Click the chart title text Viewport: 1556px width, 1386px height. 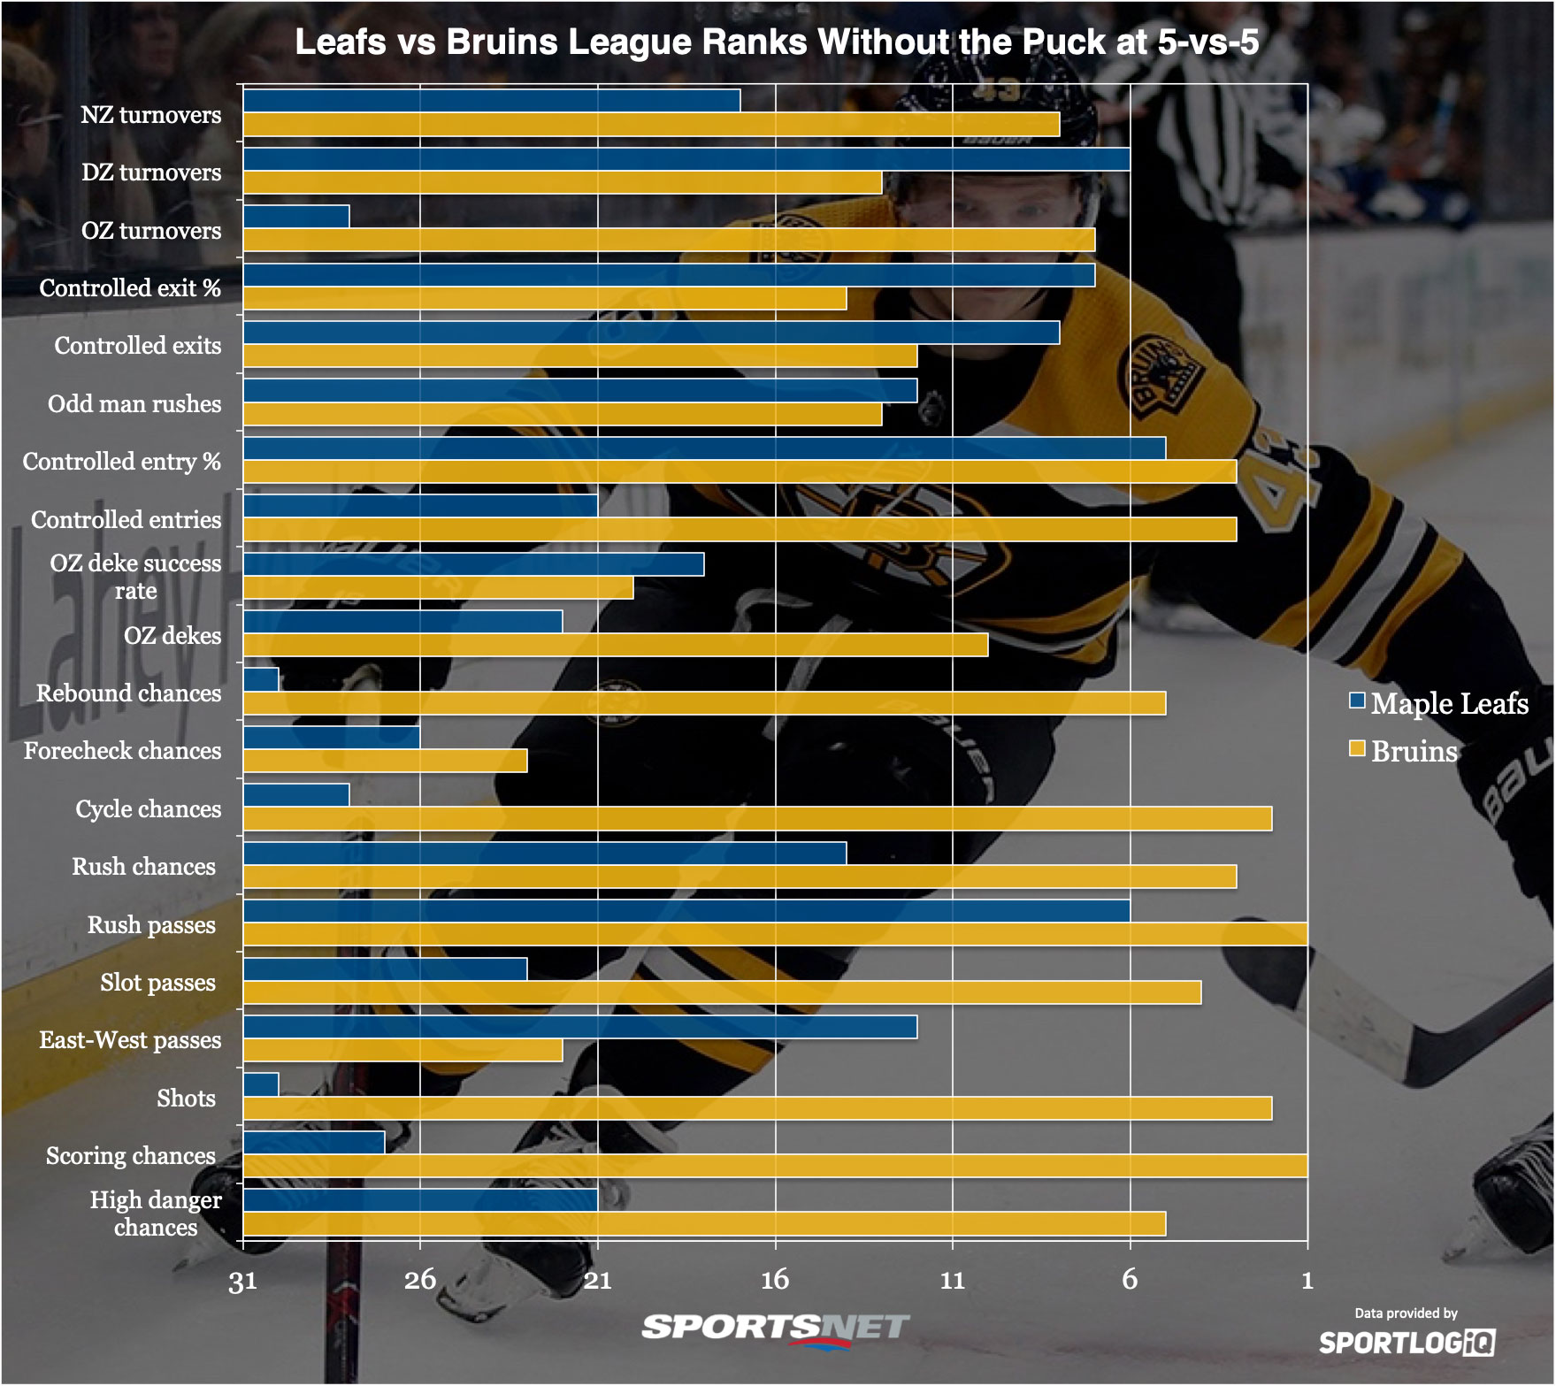[777, 42]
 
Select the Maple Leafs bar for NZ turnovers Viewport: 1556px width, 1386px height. [491, 101]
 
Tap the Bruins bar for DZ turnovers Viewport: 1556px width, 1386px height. [562, 182]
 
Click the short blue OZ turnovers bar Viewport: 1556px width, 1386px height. [296, 217]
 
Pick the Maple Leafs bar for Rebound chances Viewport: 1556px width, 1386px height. [261, 679]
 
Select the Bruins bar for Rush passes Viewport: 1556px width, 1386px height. [774, 935]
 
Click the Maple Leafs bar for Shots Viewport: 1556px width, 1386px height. [261, 1084]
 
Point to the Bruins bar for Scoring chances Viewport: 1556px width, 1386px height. [774, 1166]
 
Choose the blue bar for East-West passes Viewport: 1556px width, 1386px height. [579, 1027]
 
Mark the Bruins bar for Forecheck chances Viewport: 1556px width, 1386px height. [385, 761]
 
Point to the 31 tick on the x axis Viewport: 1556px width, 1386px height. [243, 1281]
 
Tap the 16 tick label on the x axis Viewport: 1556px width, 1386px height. [775, 1279]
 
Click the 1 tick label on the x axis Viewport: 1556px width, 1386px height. [1307, 1279]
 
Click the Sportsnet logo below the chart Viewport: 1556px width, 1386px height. [775, 1329]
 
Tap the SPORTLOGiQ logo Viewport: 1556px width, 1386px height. [1407, 1343]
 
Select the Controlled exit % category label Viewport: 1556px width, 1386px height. [130, 287]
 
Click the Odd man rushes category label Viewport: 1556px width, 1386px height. [134, 403]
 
